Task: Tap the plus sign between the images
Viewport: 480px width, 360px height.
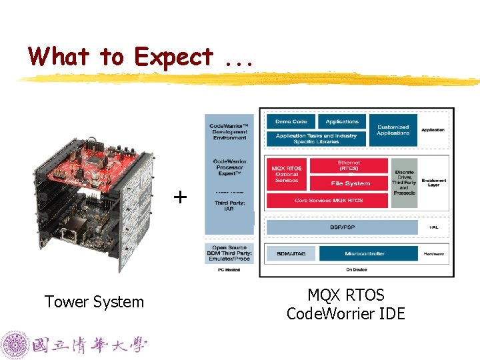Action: pos(180,197)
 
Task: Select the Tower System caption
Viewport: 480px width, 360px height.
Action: pos(94,302)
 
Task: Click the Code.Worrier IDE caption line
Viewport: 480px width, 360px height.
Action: pos(345,313)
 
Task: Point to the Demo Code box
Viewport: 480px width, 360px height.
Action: pos(291,122)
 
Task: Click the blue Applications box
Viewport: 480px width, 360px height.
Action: pos(342,122)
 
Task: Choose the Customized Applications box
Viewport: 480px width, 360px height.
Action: pos(393,130)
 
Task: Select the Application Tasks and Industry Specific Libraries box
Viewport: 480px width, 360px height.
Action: pos(317,139)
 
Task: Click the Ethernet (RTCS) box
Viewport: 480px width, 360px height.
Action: pos(349,165)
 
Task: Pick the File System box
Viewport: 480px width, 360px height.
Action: pos(350,183)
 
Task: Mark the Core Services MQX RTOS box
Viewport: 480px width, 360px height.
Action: pos(327,200)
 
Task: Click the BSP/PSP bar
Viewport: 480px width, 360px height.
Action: pos(342,227)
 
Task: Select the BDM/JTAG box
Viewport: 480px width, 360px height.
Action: pos(290,253)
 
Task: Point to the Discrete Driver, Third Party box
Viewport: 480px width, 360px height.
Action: pos(403,181)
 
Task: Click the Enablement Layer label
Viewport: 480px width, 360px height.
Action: pos(434,182)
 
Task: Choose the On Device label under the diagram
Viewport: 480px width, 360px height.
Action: pos(356,269)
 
